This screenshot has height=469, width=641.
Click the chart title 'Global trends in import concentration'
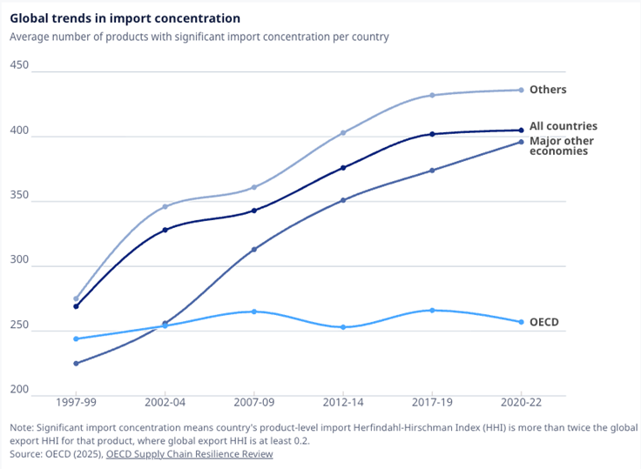pyautogui.click(x=125, y=18)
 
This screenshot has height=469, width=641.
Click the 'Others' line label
pyautogui.click(x=548, y=90)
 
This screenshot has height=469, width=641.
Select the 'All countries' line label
pyautogui.click(x=563, y=126)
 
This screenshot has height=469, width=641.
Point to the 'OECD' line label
pyautogui.click(x=544, y=322)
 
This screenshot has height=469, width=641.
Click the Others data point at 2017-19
pyautogui.click(x=432, y=95)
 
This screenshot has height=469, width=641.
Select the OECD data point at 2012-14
pyautogui.click(x=343, y=327)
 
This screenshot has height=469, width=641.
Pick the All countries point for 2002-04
pyautogui.click(x=165, y=230)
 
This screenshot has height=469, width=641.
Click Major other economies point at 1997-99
pyautogui.click(x=76, y=364)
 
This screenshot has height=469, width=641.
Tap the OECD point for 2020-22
pyautogui.click(x=521, y=322)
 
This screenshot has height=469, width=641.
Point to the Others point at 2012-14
pyautogui.click(x=343, y=133)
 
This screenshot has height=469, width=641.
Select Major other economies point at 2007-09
pyautogui.click(x=254, y=250)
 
